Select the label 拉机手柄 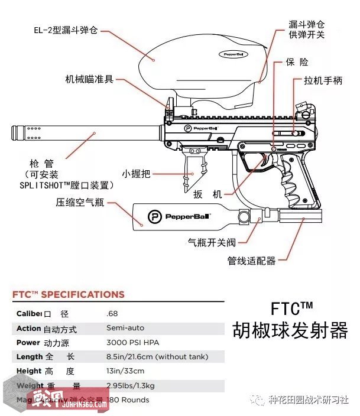click(323, 81)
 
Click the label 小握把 click(136, 174)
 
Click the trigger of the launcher click(260, 161)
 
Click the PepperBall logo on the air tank click(155, 217)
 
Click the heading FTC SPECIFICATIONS click(69, 294)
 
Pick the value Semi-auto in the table click(125, 328)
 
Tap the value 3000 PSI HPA click(132, 342)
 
